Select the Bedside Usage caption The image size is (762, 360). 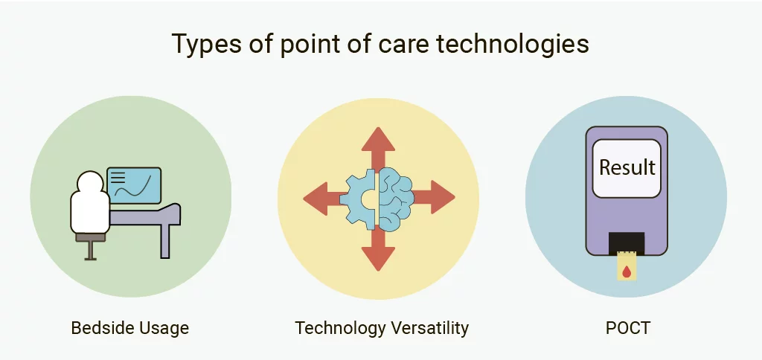129,327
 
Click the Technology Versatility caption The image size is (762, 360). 381,327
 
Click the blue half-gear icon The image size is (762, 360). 362,199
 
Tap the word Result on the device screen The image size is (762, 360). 627,167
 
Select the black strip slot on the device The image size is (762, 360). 626,241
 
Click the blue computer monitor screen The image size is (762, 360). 134,185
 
